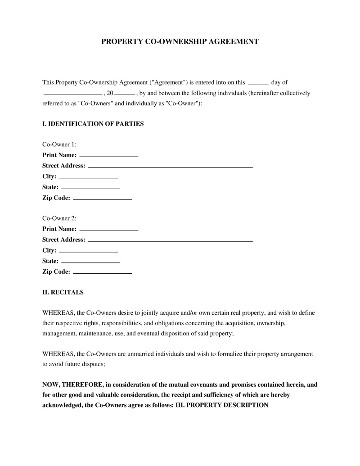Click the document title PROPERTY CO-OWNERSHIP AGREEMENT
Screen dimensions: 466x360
tap(180, 41)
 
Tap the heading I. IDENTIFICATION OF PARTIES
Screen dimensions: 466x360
tap(93, 124)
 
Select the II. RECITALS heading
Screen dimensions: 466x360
tap(63, 292)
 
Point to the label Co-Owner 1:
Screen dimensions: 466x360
tap(59, 145)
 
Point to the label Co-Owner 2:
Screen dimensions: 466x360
tap(59, 218)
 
